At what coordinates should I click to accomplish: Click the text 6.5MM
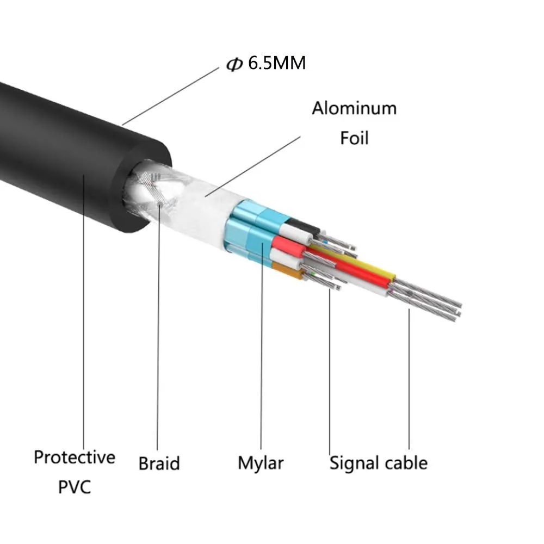coord(277,64)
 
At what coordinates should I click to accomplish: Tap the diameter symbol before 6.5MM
coord(234,65)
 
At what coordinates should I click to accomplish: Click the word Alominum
coord(354,108)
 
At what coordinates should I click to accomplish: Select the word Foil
coord(354,138)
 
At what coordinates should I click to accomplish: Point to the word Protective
coord(75,457)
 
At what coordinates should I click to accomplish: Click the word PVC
coord(75,486)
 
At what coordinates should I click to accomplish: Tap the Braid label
coord(159,463)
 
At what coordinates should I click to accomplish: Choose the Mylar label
coord(261,463)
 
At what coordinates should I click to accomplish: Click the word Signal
coord(354,463)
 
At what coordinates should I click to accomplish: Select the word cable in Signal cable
coord(404,463)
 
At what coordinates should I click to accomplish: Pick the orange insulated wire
coord(287,270)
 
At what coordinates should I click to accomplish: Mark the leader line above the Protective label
coord(83,310)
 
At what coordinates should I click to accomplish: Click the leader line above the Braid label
coord(158,326)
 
